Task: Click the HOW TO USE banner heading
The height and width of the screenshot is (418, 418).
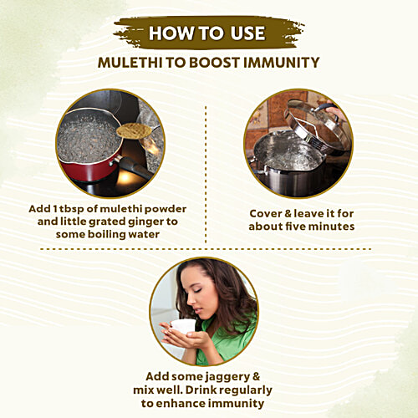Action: tap(206, 33)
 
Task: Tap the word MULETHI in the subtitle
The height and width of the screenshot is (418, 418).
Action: tap(132, 62)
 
